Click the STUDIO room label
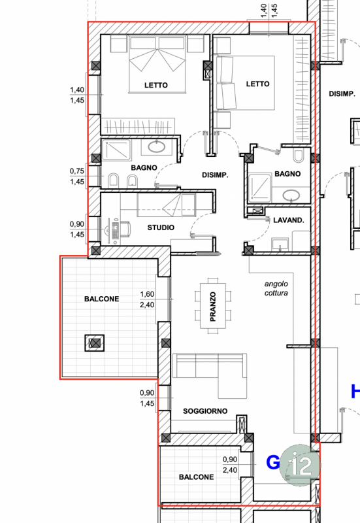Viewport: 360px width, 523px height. click(161, 228)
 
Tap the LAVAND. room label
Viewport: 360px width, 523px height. click(289, 220)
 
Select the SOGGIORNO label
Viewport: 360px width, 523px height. click(205, 411)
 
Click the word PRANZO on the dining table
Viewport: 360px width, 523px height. click(212, 307)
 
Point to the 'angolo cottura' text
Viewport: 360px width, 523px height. click(276, 288)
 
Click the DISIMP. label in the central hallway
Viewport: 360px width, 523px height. click(215, 175)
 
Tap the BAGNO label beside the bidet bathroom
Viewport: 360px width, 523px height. click(144, 167)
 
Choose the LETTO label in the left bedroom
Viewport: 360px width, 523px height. click(155, 86)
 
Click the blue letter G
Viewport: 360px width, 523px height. click(273, 463)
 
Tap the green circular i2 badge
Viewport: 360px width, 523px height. click(300, 465)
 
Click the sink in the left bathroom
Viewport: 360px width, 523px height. click(156, 146)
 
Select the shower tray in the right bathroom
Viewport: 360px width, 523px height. click(260, 188)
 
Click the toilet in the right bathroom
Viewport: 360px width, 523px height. click(299, 156)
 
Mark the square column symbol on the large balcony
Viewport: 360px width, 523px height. click(95, 343)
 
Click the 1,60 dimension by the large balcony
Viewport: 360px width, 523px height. click(147, 294)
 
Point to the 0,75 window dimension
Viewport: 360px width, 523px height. click(77, 171)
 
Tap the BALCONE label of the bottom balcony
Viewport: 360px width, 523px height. click(196, 477)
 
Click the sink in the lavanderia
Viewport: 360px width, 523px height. click(280, 245)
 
